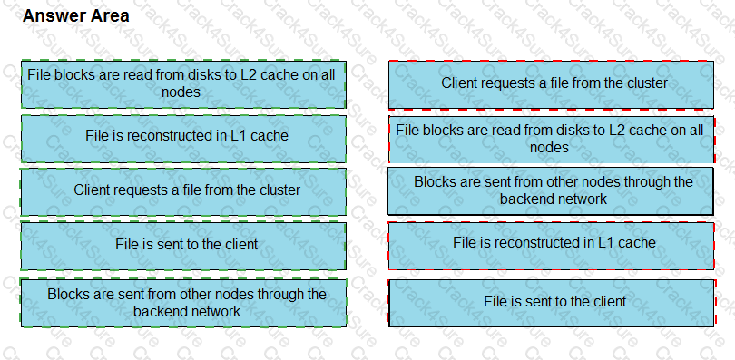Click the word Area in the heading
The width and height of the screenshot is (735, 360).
click(x=109, y=16)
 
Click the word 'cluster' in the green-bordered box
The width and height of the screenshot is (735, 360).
click(x=278, y=190)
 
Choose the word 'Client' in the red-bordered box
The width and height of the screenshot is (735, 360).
click(x=461, y=83)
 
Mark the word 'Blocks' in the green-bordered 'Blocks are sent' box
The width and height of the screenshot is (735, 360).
click(x=68, y=295)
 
